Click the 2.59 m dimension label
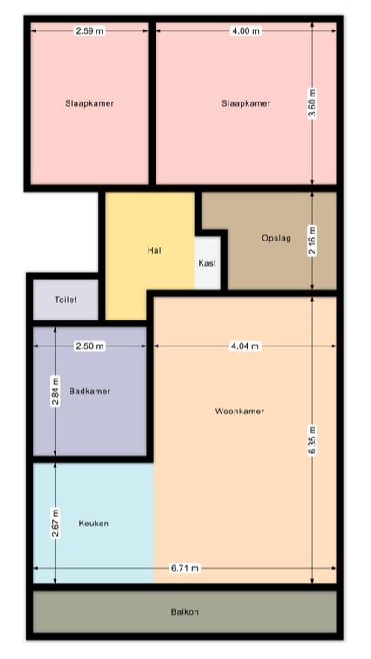point(89,30)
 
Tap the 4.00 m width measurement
point(247,30)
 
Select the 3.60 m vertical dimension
point(312,104)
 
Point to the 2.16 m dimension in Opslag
point(312,241)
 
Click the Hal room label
point(155,250)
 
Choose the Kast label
point(208,263)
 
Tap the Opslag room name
point(276,238)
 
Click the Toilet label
point(66,300)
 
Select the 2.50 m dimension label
point(89,346)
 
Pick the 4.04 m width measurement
point(245,346)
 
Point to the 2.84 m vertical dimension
point(55,392)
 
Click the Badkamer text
point(89,392)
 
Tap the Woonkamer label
point(240,411)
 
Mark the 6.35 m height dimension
point(312,440)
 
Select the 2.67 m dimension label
point(55,524)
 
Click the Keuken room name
point(93,524)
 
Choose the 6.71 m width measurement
point(185,568)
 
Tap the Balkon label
point(185,611)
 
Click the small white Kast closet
point(208,263)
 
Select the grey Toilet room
point(66,300)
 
